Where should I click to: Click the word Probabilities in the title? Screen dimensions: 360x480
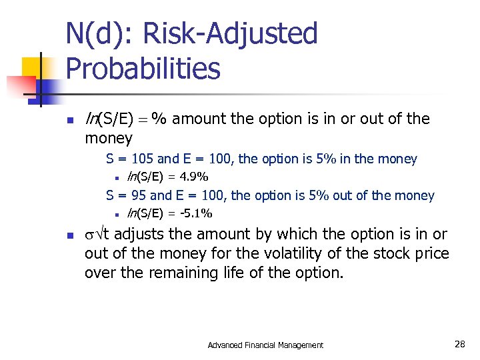(x=143, y=69)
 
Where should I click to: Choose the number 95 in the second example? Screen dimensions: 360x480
(x=138, y=196)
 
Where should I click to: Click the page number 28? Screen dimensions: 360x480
(x=460, y=345)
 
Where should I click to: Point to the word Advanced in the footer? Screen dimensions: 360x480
(x=226, y=345)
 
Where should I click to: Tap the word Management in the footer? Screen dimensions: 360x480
(x=300, y=345)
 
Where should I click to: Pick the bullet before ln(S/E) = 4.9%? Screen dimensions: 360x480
(x=116, y=178)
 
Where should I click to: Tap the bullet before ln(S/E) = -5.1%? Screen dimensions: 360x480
(x=116, y=215)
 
